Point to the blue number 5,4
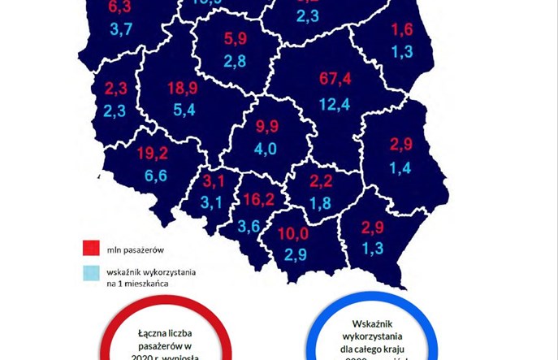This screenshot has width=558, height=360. (181, 109)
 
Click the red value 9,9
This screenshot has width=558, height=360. (267, 127)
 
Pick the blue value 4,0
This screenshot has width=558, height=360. (266, 149)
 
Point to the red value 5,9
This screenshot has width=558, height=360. (235, 37)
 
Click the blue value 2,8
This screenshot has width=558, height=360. (236, 62)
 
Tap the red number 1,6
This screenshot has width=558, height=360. (402, 31)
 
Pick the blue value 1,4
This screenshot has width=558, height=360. (400, 167)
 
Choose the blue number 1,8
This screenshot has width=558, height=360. (320, 203)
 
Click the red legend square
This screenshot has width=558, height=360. (90, 247)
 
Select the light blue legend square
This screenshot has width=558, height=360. (90, 274)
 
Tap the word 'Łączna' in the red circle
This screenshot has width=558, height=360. (155, 333)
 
